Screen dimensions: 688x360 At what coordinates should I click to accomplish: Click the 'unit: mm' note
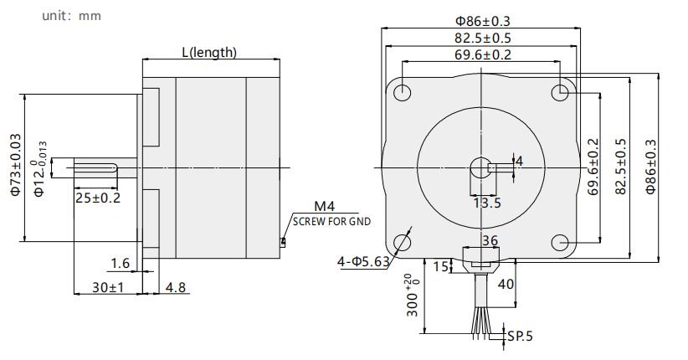(x=71, y=16)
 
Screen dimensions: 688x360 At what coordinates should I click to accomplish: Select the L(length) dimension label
(x=209, y=52)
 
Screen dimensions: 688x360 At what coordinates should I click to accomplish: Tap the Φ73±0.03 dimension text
(x=15, y=165)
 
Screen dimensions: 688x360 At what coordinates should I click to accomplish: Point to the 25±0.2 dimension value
(x=98, y=198)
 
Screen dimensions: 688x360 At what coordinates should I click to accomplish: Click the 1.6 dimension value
(x=121, y=263)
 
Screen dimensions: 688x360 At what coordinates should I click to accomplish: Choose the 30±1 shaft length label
(x=108, y=287)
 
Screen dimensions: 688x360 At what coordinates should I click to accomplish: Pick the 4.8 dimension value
(x=176, y=287)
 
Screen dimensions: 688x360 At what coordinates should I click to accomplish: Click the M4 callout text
(x=325, y=206)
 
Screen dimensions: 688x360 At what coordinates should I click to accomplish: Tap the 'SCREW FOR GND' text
(x=331, y=222)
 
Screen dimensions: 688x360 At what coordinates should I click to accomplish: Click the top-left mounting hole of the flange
(x=402, y=93)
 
